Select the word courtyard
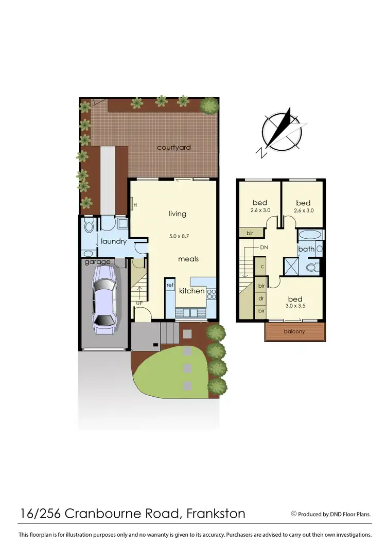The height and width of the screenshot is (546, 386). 174,148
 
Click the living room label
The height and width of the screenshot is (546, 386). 178,214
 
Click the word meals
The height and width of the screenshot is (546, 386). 188,259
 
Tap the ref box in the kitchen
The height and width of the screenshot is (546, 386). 170,285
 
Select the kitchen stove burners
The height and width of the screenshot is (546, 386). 212,293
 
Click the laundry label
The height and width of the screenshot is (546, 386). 114,241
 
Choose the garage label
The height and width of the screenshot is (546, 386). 97,262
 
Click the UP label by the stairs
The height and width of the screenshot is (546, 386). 139,303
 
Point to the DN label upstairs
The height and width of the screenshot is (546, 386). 264,248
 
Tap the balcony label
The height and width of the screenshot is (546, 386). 294,331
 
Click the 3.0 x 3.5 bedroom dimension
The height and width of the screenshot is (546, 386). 295,307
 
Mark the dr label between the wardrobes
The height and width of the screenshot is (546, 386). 261,298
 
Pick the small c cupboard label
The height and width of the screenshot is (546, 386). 261,267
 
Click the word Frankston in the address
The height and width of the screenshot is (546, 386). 216,513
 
